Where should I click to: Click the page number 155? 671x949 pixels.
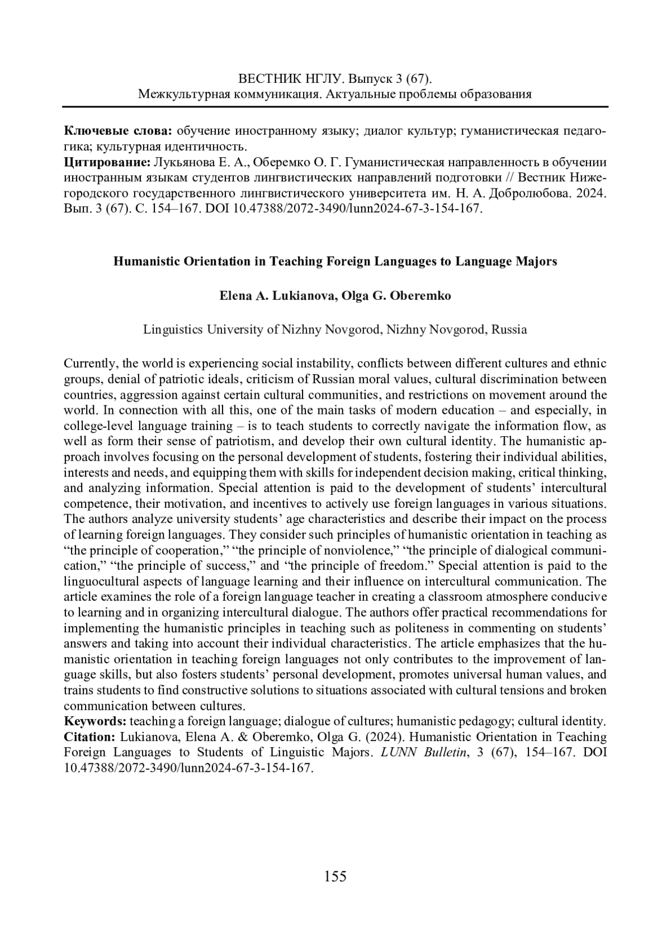tap(335, 876)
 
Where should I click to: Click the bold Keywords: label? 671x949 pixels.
tap(95, 721)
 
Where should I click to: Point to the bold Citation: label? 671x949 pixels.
tap(90, 737)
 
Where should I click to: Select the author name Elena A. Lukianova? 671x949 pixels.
tap(276, 296)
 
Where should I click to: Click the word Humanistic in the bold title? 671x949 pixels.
tap(143, 261)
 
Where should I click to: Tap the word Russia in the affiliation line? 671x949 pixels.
tap(509, 329)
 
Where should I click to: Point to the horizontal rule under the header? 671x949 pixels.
tap(335, 106)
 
